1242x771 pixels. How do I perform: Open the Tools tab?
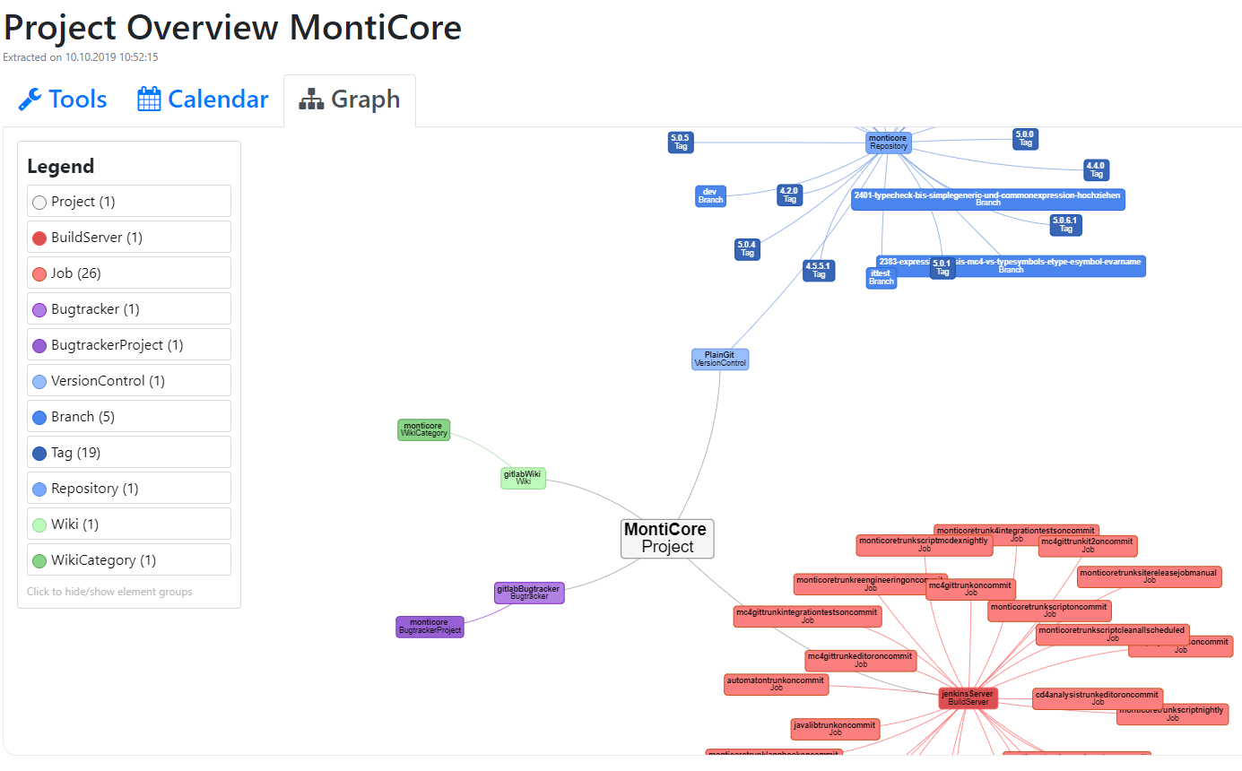pyautogui.click(x=63, y=100)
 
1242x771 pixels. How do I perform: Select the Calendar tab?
pyautogui.click(x=203, y=100)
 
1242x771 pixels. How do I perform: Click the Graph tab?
pyautogui.click(x=350, y=100)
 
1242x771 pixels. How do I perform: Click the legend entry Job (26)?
pyautogui.click(x=129, y=273)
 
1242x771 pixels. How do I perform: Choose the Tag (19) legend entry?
pyautogui.click(x=129, y=453)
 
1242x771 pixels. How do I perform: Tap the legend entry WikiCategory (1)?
pyautogui.click(x=129, y=560)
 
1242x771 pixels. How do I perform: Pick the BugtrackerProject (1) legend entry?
pyautogui.click(x=129, y=345)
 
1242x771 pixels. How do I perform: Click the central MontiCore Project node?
pyautogui.click(x=667, y=538)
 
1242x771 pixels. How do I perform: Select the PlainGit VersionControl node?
pyautogui.click(x=720, y=360)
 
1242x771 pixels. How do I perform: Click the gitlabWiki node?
pyautogui.click(x=523, y=478)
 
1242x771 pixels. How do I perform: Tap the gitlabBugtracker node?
pyautogui.click(x=529, y=593)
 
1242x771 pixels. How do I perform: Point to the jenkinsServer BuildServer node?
pyautogui.click(x=968, y=697)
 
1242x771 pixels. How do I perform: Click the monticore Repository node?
pyautogui.click(x=889, y=143)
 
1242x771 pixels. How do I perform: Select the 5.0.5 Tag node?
pyautogui.click(x=681, y=143)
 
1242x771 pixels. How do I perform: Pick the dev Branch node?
pyautogui.click(x=710, y=195)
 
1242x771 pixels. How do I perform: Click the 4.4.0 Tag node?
pyautogui.click(x=1096, y=169)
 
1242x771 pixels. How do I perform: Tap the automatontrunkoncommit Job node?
pyautogui.click(x=776, y=684)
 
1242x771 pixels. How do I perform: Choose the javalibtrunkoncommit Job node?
pyautogui.click(x=835, y=729)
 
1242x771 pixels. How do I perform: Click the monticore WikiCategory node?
pyautogui.click(x=423, y=429)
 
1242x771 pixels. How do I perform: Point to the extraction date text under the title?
pyautogui.click(x=81, y=57)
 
